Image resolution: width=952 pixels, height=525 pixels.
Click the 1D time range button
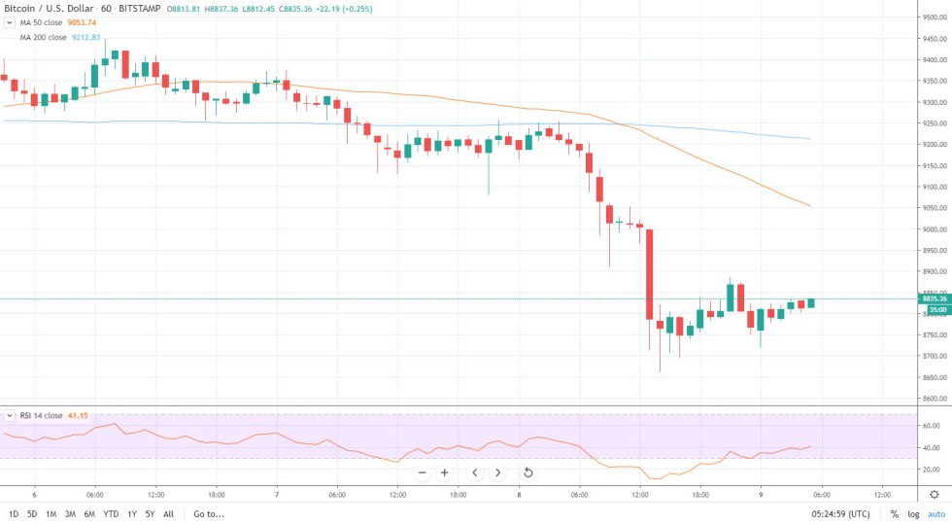[x=14, y=513]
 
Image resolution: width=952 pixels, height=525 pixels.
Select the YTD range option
[x=112, y=513]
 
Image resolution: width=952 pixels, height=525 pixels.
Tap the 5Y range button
[x=149, y=513]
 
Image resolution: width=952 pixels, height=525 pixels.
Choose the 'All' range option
[x=169, y=513]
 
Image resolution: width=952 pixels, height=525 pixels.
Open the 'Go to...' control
[x=209, y=513]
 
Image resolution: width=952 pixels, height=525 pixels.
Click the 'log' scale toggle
[x=913, y=513]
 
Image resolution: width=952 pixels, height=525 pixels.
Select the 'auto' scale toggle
[x=936, y=513]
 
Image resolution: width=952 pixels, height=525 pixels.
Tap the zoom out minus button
[x=423, y=472]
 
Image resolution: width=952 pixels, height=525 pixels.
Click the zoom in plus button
[x=445, y=472]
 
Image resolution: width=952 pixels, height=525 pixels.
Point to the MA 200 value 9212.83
[x=86, y=37]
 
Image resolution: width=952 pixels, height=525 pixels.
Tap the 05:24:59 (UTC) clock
[x=844, y=513]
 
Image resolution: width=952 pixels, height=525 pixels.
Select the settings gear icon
[x=935, y=494]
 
